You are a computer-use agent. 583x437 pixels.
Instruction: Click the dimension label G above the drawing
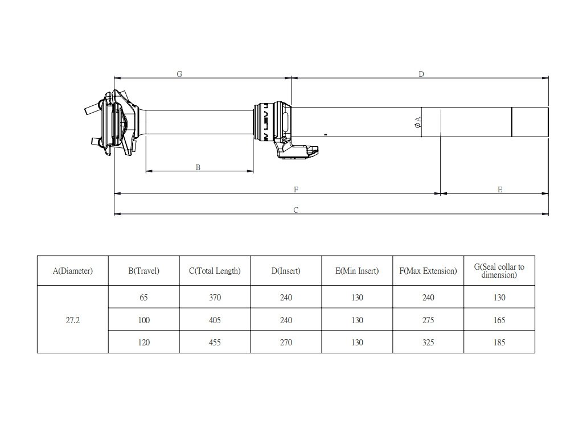click(179, 74)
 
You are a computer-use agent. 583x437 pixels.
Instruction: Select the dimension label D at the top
click(421, 74)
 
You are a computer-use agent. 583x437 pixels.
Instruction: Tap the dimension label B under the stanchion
click(198, 167)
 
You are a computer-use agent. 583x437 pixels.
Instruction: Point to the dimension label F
click(296, 189)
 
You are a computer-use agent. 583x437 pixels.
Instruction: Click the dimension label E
click(500, 189)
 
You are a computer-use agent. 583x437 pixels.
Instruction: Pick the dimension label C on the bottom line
click(296, 210)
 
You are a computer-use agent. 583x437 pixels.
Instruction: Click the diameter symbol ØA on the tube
click(418, 122)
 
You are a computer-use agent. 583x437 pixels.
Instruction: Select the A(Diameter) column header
click(72, 271)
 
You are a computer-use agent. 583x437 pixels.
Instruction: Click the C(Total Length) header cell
click(215, 271)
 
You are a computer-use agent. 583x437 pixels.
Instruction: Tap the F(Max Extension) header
click(428, 271)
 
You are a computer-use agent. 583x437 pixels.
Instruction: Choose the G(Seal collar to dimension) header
click(499, 270)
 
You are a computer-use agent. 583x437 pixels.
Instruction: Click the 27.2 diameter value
click(72, 320)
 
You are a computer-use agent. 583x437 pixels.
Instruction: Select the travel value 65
click(143, 298)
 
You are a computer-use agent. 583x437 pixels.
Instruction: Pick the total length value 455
click(215, 343)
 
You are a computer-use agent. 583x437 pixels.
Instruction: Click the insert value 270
click(286, 343)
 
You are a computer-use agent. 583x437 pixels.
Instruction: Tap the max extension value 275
click(428, 320)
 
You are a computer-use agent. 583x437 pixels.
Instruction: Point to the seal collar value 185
click(499, 343)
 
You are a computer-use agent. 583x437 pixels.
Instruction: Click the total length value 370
click(215, 298)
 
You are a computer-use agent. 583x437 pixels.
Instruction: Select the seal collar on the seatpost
click(268, 121)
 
